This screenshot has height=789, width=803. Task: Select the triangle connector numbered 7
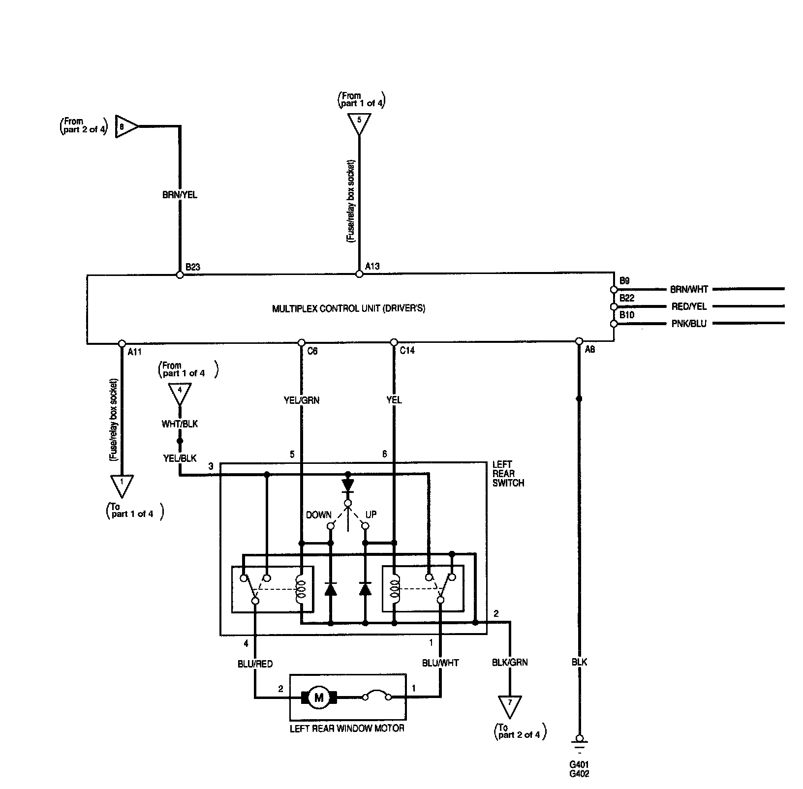pyautogui.click(x=510, y=705)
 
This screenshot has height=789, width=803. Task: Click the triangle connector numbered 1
pyautogui.click(x=122, y=484)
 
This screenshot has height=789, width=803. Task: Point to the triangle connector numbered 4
pyautogui.click(x=180, y=392)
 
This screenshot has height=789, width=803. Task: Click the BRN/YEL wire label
pyautogui.click(x=180, y=195)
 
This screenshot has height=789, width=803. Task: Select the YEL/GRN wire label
pyautogui.click(x=302, y=400)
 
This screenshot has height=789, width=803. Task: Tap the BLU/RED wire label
pyautogui.click(x=255, y=664)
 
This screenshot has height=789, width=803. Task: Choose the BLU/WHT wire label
pyautogui.click(x=440, y=663)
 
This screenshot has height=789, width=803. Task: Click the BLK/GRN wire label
pyautogui.click(x=510, y=662)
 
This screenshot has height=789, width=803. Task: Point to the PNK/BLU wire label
pyautogui.click(x=689, y=324)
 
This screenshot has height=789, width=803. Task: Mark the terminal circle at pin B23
pyautogui.click(x=180, y=275)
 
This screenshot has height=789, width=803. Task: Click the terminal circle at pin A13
pyautogui.click(x=359, y=274)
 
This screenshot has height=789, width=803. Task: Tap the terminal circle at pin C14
pyautogui.click(x=394, y=342)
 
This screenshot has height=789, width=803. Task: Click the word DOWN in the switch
pyautogui.click(x=319, y=515)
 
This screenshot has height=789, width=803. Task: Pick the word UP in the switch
pyautogui.click(x=371, y=515)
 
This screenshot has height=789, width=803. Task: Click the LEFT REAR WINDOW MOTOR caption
pyautogui.click(x=347, y=728)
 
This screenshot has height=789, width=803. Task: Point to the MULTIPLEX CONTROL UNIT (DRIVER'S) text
pyautogui.click(x=348, y=309)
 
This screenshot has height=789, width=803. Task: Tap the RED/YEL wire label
pyautogui.click(x=689, y=306)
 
